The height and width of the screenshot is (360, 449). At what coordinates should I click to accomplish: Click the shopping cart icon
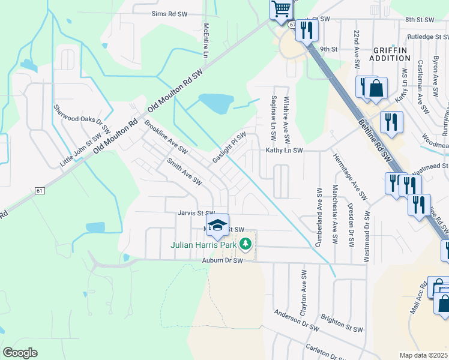point(281,9)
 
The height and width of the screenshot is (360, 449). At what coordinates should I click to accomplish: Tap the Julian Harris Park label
point(204,245)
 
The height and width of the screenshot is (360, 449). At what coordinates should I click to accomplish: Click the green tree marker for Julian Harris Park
point(245,244)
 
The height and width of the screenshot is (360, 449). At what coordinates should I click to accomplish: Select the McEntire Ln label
point(205,41)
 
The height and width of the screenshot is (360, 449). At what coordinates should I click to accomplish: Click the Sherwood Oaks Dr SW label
point(82,118)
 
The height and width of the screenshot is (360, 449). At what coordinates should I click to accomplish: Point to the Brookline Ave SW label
point(166,136)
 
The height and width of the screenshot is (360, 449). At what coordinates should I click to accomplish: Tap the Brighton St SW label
point(342,324)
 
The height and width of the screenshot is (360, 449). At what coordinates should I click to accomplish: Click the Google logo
point(20,353)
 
